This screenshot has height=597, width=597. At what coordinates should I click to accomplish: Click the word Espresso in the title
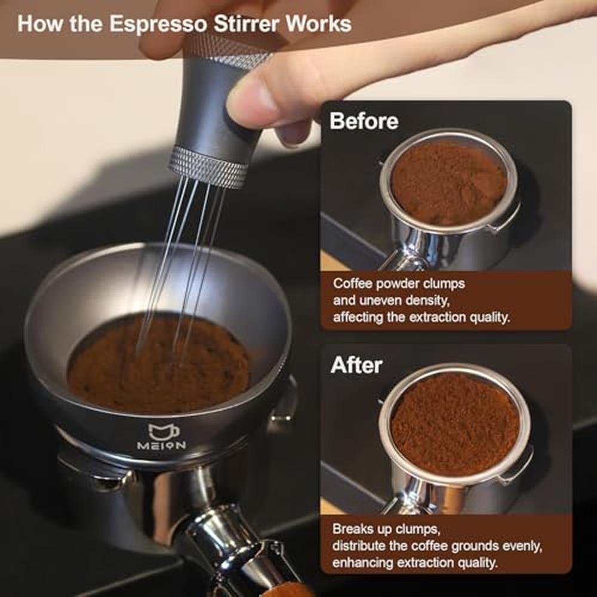158,24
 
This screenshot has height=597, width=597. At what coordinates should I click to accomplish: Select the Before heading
364,121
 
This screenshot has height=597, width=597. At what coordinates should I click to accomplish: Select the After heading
356,365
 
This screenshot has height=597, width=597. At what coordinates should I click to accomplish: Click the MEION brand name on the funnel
161,445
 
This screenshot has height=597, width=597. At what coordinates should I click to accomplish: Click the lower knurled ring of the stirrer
208,168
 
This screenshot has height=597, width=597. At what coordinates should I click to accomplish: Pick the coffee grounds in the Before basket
450,183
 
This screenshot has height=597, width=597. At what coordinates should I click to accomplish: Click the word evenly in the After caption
522,546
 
